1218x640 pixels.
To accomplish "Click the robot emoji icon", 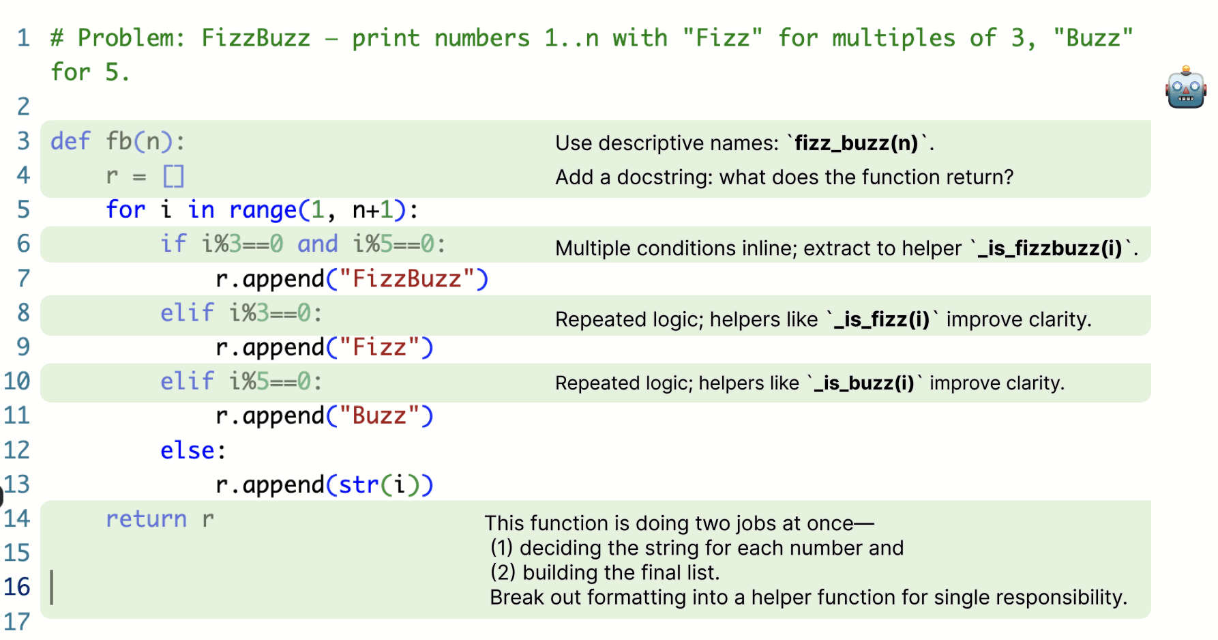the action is pyautogui.click(x=1185, y=87).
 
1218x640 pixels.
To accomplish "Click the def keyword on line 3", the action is pyautogui.click(x=70, y=141).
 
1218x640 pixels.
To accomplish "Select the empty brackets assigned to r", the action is pyautogui.click(x=173, y=176).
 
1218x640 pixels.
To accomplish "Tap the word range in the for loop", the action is pyautogui.click(x=263, y=210).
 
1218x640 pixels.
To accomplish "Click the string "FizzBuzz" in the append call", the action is pyautogui.click(x=407, y=279).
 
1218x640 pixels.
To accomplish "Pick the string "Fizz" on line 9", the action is pyautogui.click(x=379, y=348).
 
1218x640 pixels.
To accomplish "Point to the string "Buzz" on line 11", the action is pyautogui.click(x=379, y=416).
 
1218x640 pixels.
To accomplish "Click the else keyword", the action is pyautogui.click(x=188, y=451).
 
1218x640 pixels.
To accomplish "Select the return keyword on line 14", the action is pyautogui.click(x=146, y=519).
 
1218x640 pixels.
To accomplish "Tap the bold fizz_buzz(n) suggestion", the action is pyautogui.click(x=857, y=143).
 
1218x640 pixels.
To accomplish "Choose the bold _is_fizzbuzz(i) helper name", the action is pyautogui.click(x=1050, y=248).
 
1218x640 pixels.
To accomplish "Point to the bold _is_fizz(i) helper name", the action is pyautogui.click(x=882, y=319).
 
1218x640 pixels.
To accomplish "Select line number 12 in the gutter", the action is pyautogui.click(x=17, y=450).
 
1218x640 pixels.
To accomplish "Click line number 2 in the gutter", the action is pyautogui.click(x=23, y=106).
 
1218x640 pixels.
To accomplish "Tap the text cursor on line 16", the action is pyautogui.click(x=53, y=587).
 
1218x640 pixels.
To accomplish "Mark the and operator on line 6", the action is pyautogui.click(x=317, y=244).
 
